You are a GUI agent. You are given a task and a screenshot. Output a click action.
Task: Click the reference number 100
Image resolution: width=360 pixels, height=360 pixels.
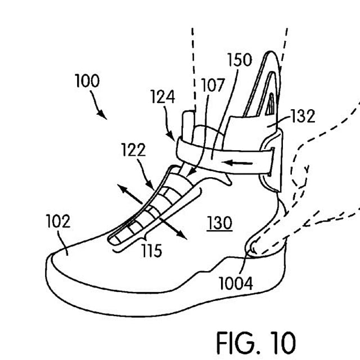click(x=87, y=81)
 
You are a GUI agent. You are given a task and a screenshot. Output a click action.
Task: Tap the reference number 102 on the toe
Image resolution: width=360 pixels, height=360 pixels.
click(x=58, y=222)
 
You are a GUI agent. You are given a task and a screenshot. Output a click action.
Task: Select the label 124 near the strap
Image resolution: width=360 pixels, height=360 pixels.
click(x=163, y=97)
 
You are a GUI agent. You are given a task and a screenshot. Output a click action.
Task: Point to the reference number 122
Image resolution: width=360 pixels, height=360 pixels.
click(x=133, y=150)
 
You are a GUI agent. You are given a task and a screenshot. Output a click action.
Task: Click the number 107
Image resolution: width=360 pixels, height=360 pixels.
click(x=212, y=86)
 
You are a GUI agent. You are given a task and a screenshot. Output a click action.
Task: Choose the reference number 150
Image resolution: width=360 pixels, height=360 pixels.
click(x=240, y=60)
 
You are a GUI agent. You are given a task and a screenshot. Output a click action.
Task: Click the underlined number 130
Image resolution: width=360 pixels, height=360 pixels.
click(x=219, y=223)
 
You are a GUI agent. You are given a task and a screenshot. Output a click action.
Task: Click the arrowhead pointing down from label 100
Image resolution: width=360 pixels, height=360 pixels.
click(x=103, y=114)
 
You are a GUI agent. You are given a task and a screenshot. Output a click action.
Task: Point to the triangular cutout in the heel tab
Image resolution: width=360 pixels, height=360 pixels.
click(x=271, y=105)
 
